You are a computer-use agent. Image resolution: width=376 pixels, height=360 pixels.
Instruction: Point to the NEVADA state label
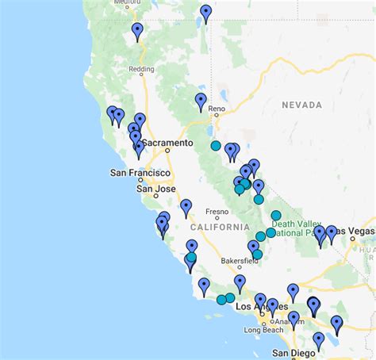pyautogui.click(x=301, y=105)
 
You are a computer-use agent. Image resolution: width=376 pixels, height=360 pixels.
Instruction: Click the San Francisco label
pyautogui.click(x=140, y=173)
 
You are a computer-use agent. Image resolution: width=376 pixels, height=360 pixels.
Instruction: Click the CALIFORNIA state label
pyautogui.click(x=219, y=227)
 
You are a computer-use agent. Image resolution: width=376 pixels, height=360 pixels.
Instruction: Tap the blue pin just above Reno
pyautogui.click(x=201, y=101)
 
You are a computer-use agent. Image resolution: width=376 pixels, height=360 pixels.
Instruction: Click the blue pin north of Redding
pyautogui.click(x=137, y=31)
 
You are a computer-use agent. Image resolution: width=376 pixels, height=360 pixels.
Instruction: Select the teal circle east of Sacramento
pyautogui.click(x=216, y=146)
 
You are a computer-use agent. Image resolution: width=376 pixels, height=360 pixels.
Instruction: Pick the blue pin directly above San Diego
pyautogui.click(x=318, y=340)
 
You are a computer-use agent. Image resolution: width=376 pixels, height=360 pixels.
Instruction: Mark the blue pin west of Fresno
pyautogui.click(x=186, y=208)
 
